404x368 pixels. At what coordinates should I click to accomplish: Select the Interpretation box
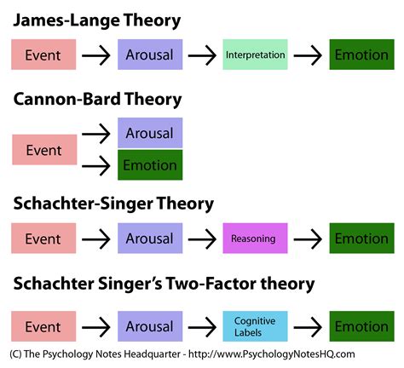coord(254,55)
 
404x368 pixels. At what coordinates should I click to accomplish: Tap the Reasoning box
coord(253,239)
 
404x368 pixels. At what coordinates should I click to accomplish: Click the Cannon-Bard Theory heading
coord(97,100)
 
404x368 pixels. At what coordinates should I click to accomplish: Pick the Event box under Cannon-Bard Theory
coord(43,150)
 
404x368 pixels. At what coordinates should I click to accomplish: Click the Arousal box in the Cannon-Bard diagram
coord(149,134)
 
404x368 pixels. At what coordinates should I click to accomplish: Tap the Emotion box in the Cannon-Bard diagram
coord(149,164)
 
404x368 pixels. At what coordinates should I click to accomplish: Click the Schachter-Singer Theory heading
coord(113,204)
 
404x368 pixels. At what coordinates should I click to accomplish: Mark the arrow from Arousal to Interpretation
coord(201,55)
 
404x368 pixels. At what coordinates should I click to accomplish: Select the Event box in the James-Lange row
coord(43,55)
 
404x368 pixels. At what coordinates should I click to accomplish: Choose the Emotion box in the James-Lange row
coord(361,55)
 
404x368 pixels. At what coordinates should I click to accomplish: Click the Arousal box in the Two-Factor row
coord(149,326)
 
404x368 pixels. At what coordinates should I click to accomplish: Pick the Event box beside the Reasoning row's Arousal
coord(43,239)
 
